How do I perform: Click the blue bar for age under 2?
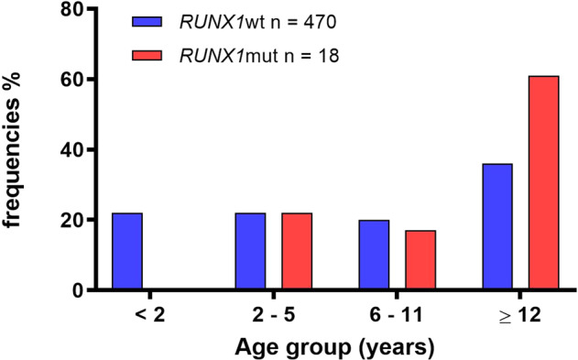(126, 252)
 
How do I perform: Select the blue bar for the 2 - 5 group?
(250, 252)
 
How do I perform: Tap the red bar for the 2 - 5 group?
(297, 252)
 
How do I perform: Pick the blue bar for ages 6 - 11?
(373, 256)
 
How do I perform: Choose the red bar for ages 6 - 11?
(420, 260)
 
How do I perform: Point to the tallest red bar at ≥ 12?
(543, 183)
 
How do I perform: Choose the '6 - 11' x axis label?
(396, 316)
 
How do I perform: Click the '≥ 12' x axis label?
(518, 316)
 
